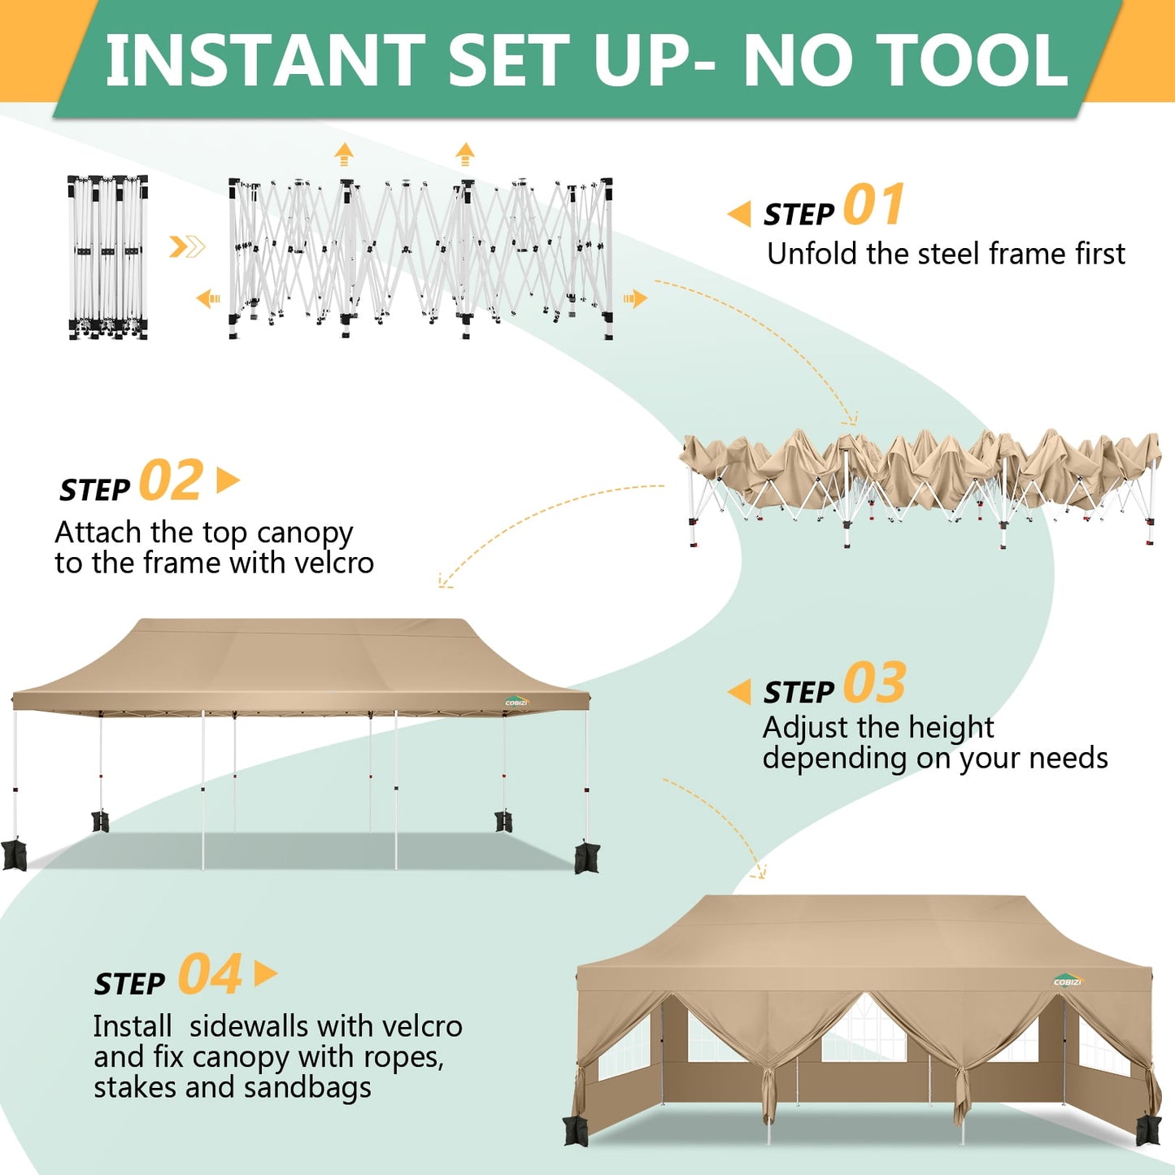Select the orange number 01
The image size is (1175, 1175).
coord(874,205)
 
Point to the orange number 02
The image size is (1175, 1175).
coord(171,481)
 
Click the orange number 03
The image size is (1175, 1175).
coord(875,683)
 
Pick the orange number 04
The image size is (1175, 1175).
coord(210,975)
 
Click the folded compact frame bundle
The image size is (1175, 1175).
coord(107,256)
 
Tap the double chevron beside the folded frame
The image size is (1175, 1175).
coord(187,246)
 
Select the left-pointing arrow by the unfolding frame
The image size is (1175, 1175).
coord(208,299)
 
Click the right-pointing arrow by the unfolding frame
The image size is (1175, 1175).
coord(635,298)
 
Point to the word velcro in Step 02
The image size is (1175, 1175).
coord(334,563)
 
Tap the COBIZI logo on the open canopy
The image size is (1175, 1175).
coord(516,701)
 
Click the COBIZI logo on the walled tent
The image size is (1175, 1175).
coord(1068,981)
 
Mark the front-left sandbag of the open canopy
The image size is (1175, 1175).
coord(14,855)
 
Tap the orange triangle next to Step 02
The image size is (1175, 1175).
coord(228,481)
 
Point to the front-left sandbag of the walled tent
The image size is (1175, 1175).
coord(576,1130)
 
